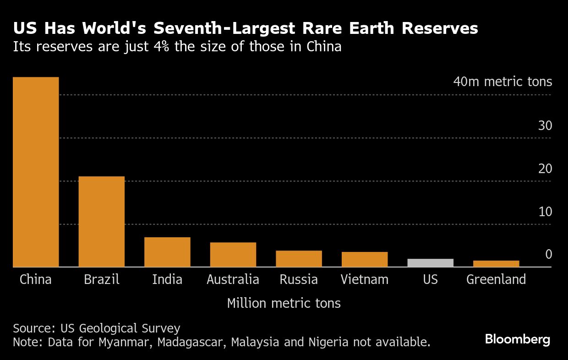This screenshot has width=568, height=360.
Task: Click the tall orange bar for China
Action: click(36, 172)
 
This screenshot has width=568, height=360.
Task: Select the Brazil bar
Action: click(101, 222)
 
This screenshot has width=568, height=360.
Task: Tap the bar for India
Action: click(167, 252)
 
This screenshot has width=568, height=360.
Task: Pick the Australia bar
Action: click(233, 255)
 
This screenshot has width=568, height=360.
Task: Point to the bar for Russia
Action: click(299, 259)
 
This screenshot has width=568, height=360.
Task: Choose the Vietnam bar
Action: click(365, 259)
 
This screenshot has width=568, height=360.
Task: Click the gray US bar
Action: click(430, 263)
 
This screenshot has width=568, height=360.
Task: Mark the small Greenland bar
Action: click(496, 264)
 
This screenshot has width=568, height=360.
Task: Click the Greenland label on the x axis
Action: click(496, 279)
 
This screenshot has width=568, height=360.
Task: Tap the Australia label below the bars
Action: click(233, 279)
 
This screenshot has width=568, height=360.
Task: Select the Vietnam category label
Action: click(365, 279)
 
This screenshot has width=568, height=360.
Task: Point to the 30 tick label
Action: click(545, 126)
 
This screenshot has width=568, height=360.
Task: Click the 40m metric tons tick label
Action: click(502, 82)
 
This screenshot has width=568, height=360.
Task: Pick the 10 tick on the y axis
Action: click(545, 212)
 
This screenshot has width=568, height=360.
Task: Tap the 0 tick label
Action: click(548, 255)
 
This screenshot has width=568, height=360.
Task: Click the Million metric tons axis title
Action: click(284, 303)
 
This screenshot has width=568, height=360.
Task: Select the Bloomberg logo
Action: click(518, 339)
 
